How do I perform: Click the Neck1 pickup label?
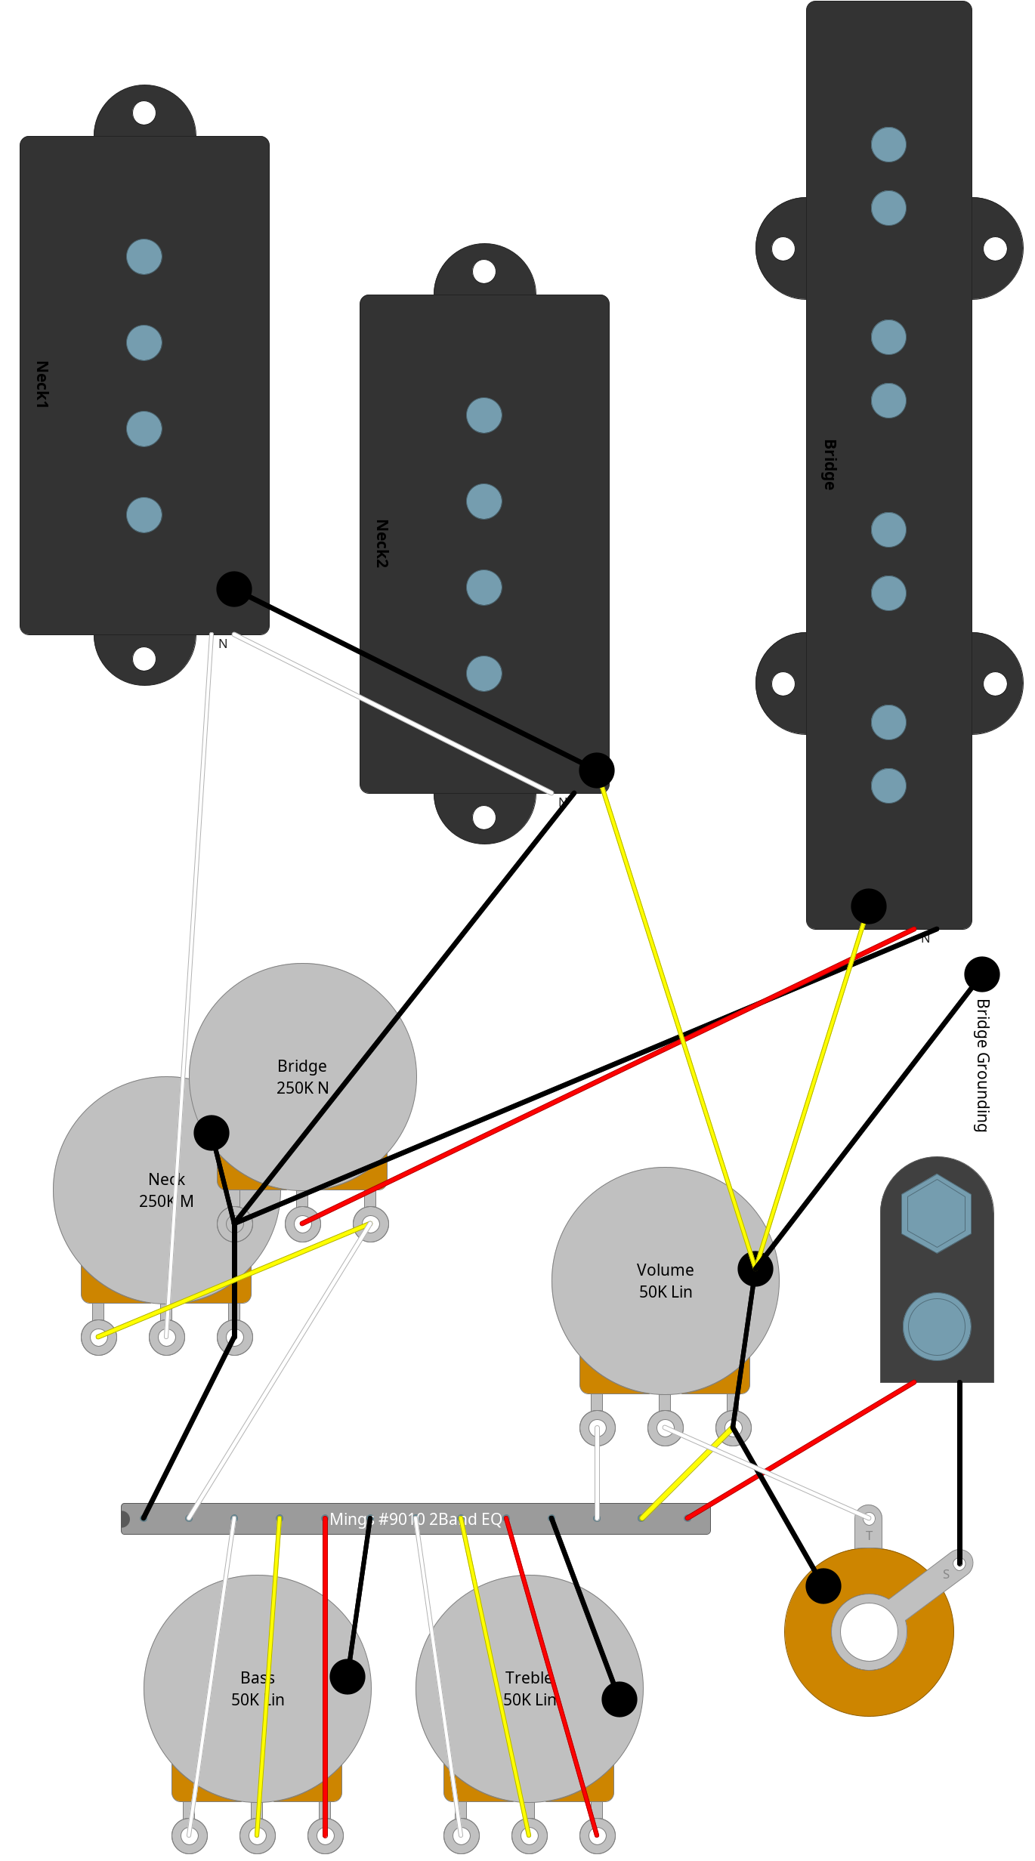tap(42, 384)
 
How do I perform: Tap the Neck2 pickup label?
tap(382, 543)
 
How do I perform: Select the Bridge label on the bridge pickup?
tap(830, 464)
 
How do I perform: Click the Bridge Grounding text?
tap(982, 1065)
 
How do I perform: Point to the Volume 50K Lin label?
tap(666, 1280)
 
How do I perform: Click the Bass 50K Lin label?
tap(258, 1688)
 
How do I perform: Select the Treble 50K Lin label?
tap(530, 1688)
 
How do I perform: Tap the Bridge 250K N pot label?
tap(302, 1076)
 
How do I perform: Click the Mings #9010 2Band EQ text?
tap(416, 1519)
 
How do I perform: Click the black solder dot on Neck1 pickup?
tap(234, 589)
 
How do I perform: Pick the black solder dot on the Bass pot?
tap(348, 1677)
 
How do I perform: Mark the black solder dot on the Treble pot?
tap(619, 1699)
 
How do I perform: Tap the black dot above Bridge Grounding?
tap(982, 974)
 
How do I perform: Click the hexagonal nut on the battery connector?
tap(937, 1213)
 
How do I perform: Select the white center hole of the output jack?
tap(869, 1631)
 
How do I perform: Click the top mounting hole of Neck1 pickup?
tap(144, 113)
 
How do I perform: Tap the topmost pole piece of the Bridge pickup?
tap(888, 144)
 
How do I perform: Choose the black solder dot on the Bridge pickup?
tap(869, 906)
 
